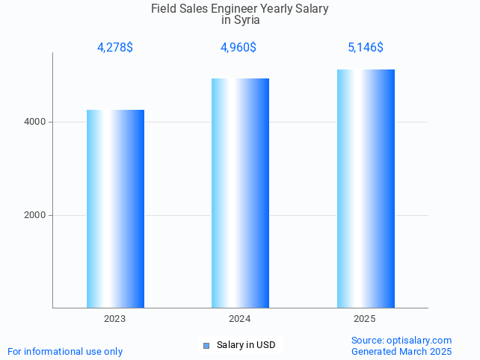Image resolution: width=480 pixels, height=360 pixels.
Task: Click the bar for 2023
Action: point(115,208)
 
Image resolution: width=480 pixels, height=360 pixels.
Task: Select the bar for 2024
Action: point(240,193)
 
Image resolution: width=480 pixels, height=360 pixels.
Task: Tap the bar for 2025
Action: point(366,188)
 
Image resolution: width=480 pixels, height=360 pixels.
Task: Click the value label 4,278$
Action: point(115,48)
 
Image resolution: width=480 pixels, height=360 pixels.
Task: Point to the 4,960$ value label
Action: point(239,48)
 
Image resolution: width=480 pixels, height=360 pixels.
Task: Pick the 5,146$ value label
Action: point(366,48)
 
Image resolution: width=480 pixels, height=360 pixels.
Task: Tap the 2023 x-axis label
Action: point(115,319)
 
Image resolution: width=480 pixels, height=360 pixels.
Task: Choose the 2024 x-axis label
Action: point(240,319)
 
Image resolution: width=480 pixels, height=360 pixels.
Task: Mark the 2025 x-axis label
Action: point(365,319)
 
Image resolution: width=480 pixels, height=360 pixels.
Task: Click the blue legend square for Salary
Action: point(206,345)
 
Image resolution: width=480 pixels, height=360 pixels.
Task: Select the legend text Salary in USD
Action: point(246,345)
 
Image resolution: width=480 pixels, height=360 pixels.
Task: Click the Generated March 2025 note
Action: point(401,351)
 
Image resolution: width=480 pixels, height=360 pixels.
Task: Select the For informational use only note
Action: point(65,351)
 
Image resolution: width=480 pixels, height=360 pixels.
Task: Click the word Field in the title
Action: point(164,9)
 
